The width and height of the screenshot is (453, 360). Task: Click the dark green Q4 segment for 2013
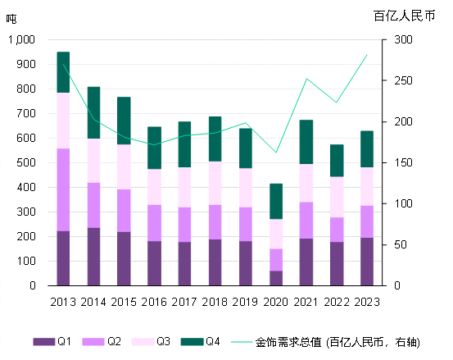[x=63, y=72]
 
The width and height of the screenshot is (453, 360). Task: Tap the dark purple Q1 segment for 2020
[x=277, y=278]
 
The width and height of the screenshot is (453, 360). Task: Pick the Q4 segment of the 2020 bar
[x=277, y=201]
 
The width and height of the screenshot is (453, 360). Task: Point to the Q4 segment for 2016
[x=154, y=148]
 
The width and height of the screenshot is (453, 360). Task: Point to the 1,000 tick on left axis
[x=21, y=39]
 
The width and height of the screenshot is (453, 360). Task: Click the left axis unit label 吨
[x=11, y=18]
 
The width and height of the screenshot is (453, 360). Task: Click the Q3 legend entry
[x=153, y=341]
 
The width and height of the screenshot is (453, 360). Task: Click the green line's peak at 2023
[x=367, y=55]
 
